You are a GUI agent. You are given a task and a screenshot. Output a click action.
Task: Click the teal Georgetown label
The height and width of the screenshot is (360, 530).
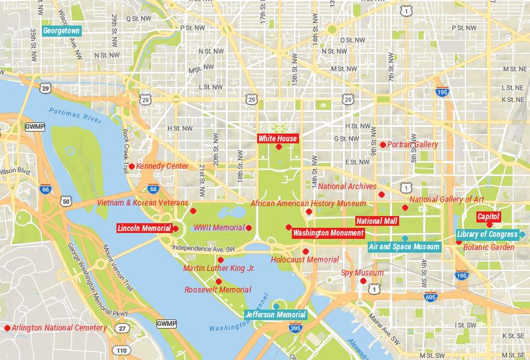click(61, 30)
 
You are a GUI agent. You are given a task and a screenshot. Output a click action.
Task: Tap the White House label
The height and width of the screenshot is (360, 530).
click(277, 138)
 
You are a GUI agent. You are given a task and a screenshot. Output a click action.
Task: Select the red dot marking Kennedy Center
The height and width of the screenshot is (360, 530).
click(132, 166)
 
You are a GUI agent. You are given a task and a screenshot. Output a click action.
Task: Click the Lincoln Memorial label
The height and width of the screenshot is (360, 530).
click(144, 228)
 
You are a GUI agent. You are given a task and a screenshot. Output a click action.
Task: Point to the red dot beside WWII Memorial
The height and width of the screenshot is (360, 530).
click(249, 228)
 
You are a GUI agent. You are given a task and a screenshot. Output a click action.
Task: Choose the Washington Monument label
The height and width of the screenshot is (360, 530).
click(328, 233)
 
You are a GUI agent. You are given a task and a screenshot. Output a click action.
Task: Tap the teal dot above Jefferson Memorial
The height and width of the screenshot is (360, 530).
click(277, 306)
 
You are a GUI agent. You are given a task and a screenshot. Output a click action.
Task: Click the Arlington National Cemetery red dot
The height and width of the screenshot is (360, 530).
click(7, 328)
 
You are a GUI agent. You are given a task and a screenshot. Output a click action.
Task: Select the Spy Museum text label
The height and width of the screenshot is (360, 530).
click(362, 273)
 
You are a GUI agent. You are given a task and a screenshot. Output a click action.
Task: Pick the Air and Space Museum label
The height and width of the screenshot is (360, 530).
click(404, 247)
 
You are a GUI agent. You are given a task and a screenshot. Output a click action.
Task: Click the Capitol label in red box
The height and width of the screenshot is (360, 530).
click(488, 216)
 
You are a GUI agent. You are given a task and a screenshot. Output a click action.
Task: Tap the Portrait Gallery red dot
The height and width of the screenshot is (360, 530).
click(382, 145)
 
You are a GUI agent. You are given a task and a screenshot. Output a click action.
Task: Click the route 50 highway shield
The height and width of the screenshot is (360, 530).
click(66, 202)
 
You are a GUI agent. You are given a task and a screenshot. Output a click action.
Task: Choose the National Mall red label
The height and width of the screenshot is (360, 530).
click(377, 221)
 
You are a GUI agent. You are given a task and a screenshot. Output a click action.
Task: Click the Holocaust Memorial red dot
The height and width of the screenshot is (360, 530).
click(306, 251)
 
